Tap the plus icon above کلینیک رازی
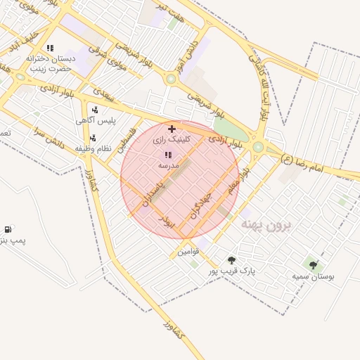pyautogui.click(x=172, y=129)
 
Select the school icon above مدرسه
pyautogui.click(x=168, y=154)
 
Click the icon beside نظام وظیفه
pyautogui.click(x=93, y=138)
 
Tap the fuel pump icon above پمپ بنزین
pyautogui.click(x=8, y=229)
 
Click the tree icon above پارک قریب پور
pyautogui.click(x=231, y=260)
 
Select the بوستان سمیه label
pyautogui.click(x=314, y=276)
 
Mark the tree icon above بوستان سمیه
pyautogui.click(x=313, y=265)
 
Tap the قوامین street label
pyautogui.click(x=188, y=251)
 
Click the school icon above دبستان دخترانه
pyautogui.click(x=49, y=48)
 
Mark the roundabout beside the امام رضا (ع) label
pyautogui.click(x=258, y=147)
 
